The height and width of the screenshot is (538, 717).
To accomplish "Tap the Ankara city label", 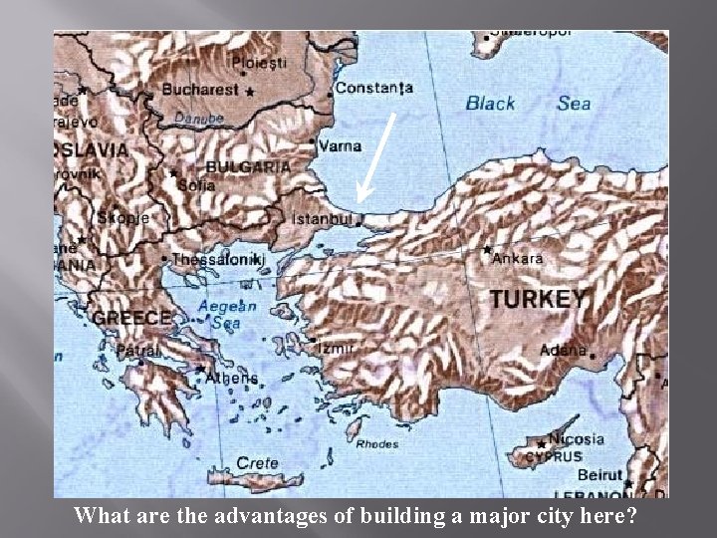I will click(519, 258).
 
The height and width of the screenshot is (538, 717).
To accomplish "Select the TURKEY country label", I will click(538, 298).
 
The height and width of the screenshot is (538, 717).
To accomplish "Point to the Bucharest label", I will click(200, 89).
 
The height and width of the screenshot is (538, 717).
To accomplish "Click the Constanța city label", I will click(373, 88).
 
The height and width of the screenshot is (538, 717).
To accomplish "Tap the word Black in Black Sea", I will click(491, 103).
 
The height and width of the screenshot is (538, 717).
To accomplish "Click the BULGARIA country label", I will click(247, 167).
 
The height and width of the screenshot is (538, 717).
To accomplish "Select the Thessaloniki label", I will click(219, 259).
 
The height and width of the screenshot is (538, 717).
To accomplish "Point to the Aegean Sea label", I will click(227, 314).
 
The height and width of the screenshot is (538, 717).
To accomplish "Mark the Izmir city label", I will click(338, 348).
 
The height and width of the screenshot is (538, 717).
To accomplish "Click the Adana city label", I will click(562, 350).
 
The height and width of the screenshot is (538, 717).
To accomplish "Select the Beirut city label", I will click(599, 476).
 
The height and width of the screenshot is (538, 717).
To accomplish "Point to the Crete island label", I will click(257, 463).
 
